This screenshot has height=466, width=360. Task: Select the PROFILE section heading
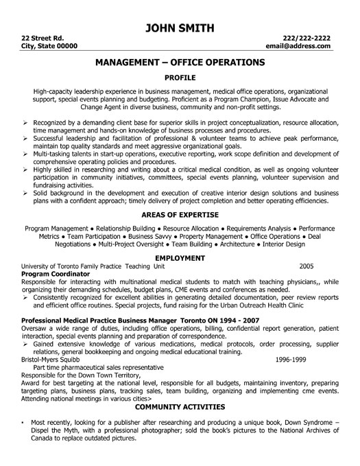[180, 78]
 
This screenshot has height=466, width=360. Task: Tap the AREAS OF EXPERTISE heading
[180, 214]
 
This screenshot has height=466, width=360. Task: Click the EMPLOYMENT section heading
[180, 257]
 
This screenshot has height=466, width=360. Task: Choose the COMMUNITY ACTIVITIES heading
[180, 406]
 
